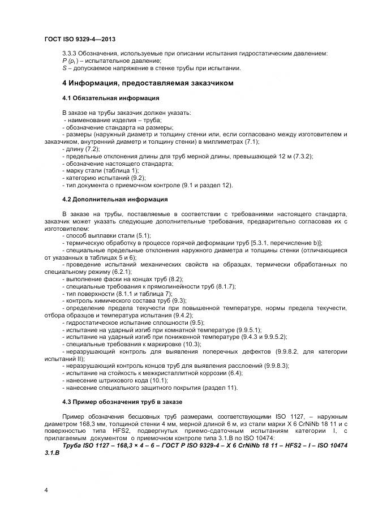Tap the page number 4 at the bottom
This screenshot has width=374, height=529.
[x=46, y=489]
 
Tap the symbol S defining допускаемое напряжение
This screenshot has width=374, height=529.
[x=64, y=68]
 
